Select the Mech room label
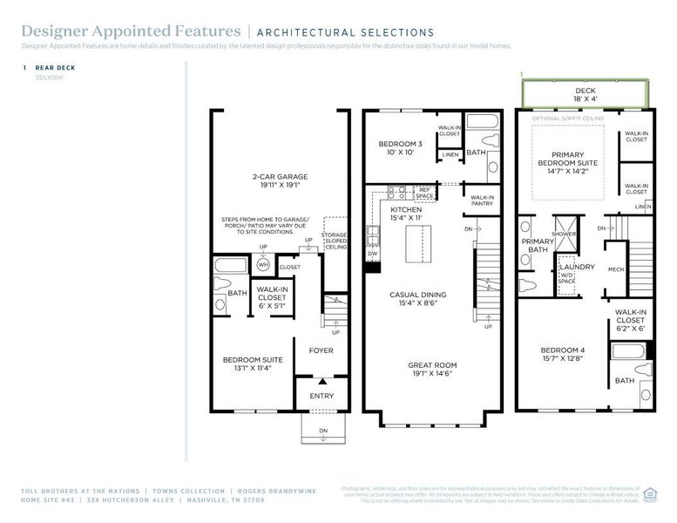point(615,269)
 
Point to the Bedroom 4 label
point(562,352)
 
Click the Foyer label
point(322,350)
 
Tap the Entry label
point(322,396)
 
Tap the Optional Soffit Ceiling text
point(567,118)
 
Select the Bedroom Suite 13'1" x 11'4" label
point(248,363)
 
